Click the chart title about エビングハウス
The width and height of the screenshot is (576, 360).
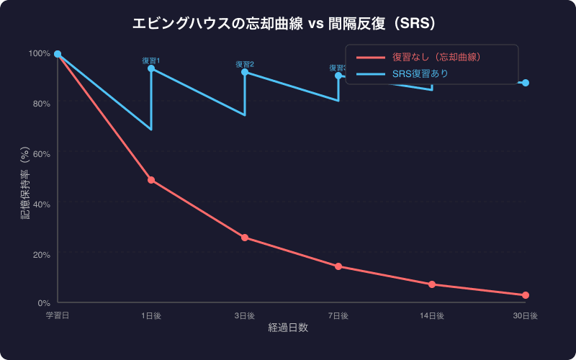click(x=288, y=24)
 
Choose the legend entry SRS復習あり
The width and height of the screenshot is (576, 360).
click(x=425, y=73)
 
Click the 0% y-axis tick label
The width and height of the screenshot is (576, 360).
click(x=43, y=304)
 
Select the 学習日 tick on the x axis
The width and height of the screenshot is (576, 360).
click(x=58, y=315)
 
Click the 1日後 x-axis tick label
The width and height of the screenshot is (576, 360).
click(x=151, y=315)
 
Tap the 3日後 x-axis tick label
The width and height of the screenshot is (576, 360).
click(x=245, y=315)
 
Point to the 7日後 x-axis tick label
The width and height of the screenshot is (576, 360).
click(x=338, y=315)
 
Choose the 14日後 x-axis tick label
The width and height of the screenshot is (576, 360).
click(x=432, y=315)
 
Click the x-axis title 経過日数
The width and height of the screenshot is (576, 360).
click(x=288, y=328)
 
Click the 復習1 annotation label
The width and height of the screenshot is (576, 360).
click(x=151, y=60)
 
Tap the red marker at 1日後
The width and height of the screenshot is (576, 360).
click(x=151, y=180)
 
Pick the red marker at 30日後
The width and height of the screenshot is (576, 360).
click(x=526, y=295)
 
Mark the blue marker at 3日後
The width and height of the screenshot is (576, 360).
click(x=245, y=72)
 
